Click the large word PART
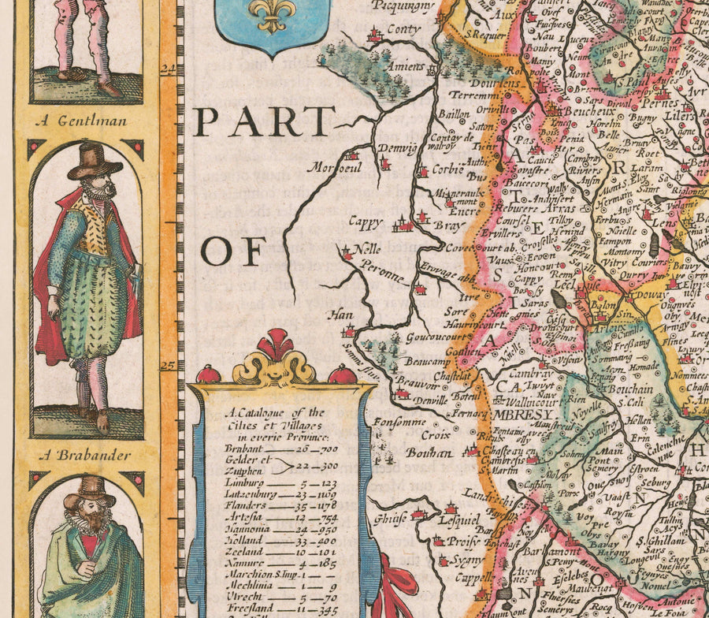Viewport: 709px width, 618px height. coord(265,122)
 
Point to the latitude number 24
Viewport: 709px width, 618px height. coord(167,70)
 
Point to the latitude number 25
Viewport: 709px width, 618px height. coord(167,366)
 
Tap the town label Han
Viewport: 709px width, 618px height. coord(340,315)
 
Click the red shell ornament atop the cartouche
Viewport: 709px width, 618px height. coord(275,345)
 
